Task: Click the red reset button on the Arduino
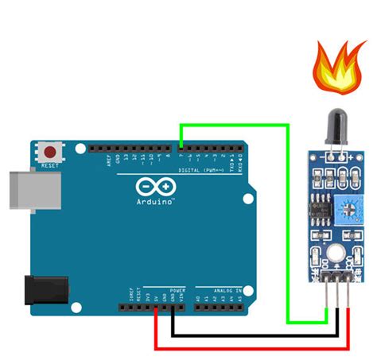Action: (x=52, y=150)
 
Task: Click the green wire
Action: (x=239, y=125)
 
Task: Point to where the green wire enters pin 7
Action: (x=181, y=148)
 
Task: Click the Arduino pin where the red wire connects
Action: (x=155, y=306)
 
